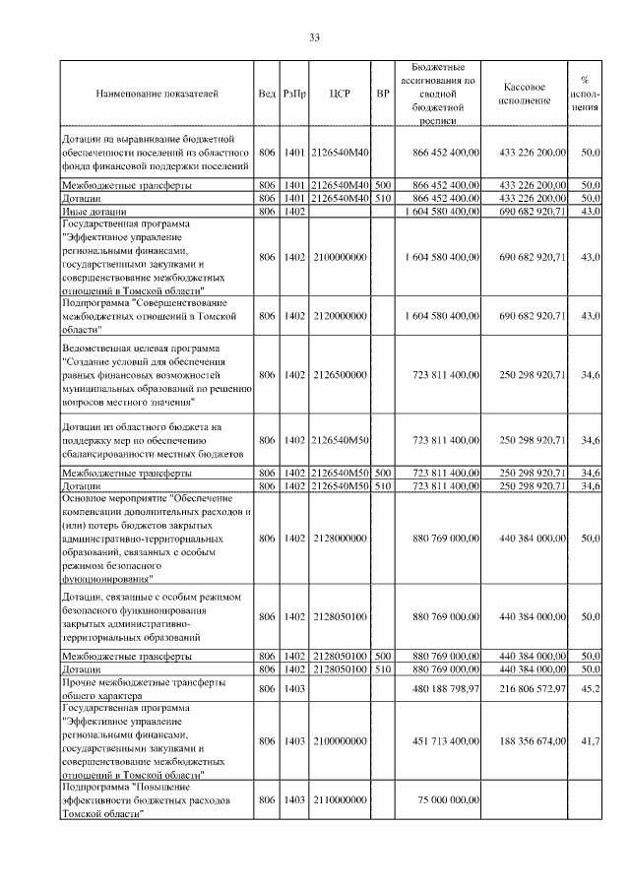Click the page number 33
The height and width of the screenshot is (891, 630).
pyautogui.click(x=314, y=37)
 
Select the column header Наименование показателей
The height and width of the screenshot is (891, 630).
pyautogui.click(x=157, y=94)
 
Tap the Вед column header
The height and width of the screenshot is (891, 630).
pyautogui.click(x=267, y=94)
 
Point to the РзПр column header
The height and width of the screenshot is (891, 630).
pyautogui.click(x=293, y=94)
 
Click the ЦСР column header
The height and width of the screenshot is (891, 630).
pyautogui.click(x=340, y=94)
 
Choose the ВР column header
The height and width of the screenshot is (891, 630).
pyautogui.click(x=383, y=94)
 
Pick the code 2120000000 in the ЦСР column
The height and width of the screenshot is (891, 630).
pyautogui.click(x=340, y=316)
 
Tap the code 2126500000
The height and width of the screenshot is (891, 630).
pyautogui.click(x=340, y=375)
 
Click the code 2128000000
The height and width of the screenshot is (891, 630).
pyautogui.click(x=340, y=540)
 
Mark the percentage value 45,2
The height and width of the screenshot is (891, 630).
pyautogui.click(x=591, y=690)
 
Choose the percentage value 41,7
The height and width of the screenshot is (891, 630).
pyautogui.click(x=591, y=739)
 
